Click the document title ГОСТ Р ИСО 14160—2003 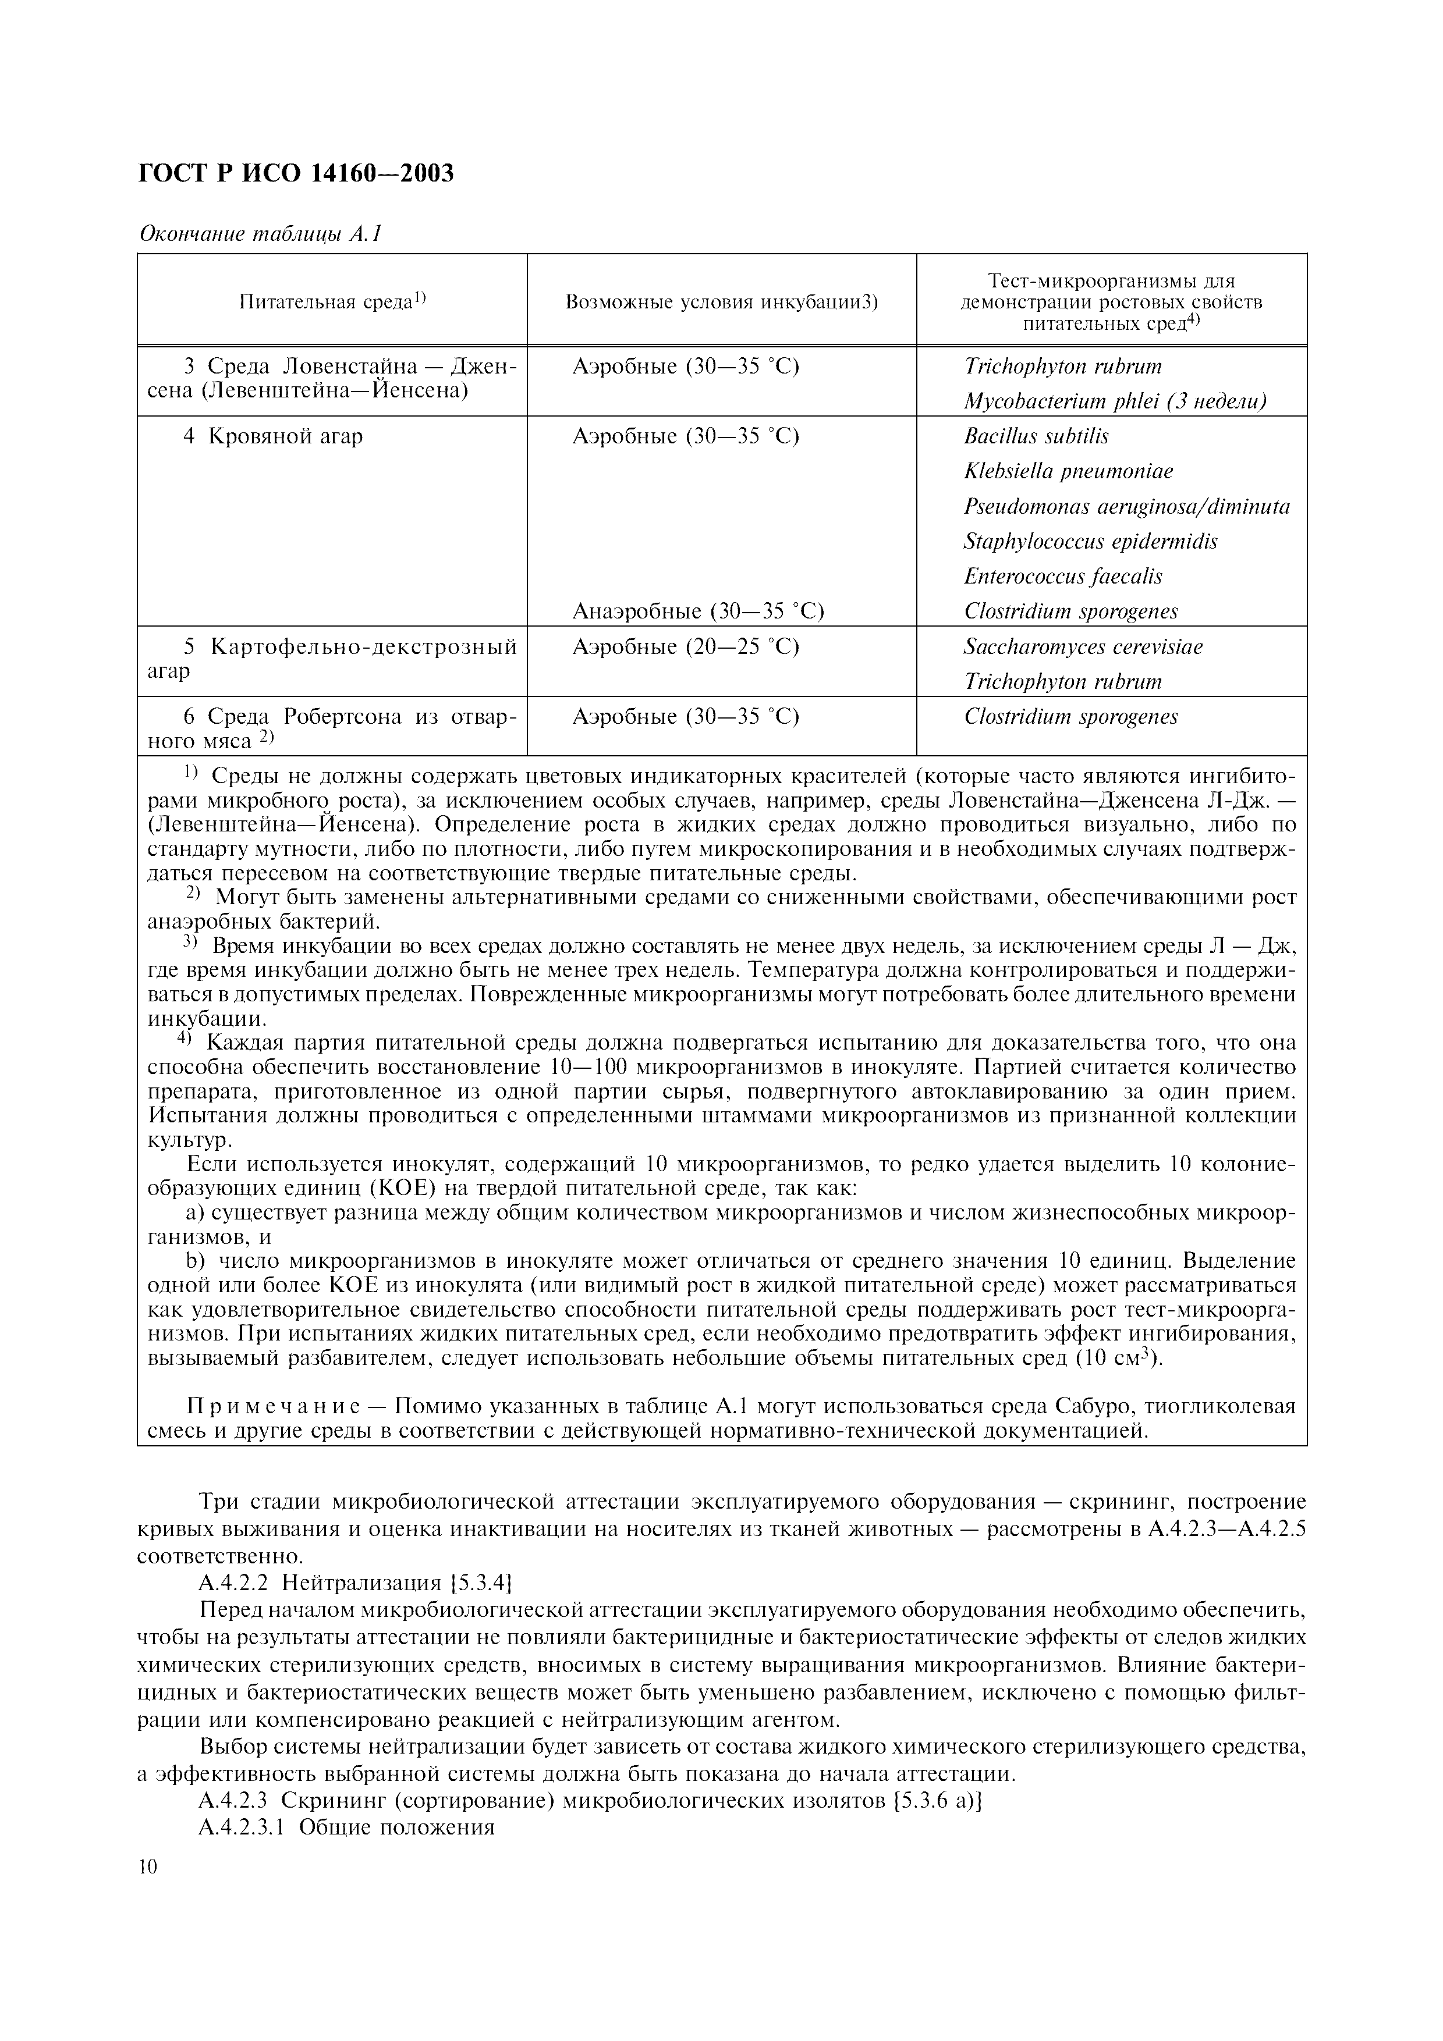pos(296,172)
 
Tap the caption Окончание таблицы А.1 pos(260,234)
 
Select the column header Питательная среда pos(332,301)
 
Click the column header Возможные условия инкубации pos(721,301)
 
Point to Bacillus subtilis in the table pos(1036,436)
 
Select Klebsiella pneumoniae pos(1068,471)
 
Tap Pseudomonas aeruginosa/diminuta pos(1126,507)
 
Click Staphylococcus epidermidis pos(1090,541)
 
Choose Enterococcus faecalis pos(1062,576)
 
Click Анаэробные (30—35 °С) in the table pos(698,611)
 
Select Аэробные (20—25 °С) pos(686,646)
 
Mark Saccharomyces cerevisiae pos(1083,646)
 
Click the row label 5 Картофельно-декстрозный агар pos(332,658)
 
